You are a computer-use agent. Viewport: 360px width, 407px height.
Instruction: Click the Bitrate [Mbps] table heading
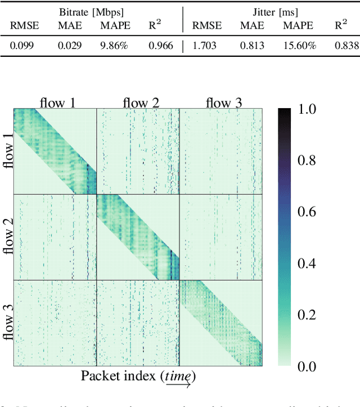(x=92, y=11)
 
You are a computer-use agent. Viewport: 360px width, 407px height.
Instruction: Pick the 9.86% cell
(x=115, y=46)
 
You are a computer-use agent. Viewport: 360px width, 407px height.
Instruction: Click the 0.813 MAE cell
(x=252, y=46)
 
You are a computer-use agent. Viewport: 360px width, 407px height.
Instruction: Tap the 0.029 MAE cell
(x=69, y=46)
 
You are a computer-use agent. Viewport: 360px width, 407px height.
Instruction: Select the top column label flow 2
(x=141, y=102)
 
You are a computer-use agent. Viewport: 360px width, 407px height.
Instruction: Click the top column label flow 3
(x=223, y=102)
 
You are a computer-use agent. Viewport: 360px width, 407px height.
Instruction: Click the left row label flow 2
(x=7, y=237)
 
